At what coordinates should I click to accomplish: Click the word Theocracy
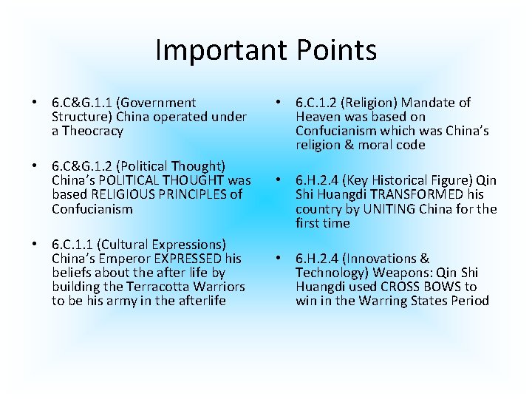93,131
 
